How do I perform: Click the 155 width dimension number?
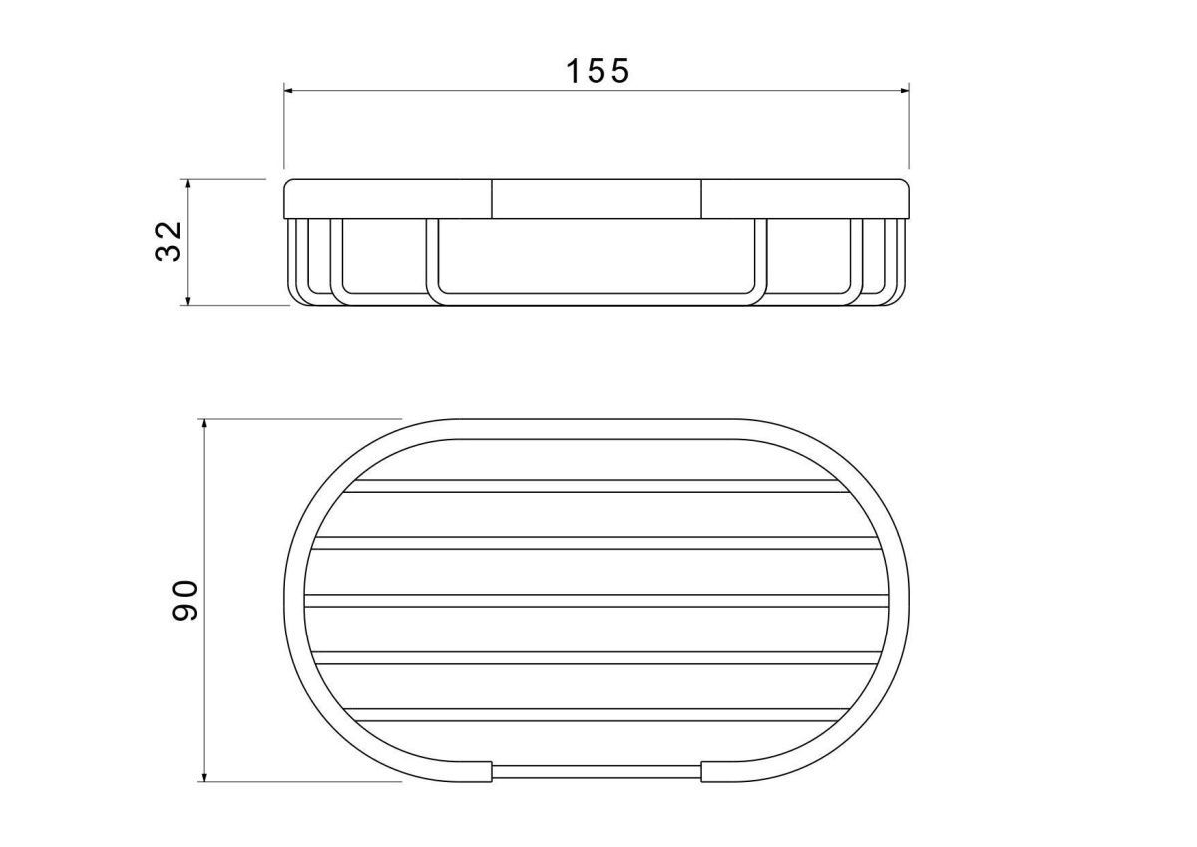[598, 71]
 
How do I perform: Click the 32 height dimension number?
[168, 241]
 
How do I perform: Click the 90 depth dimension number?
[185, 601]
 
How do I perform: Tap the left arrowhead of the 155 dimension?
[289, 91]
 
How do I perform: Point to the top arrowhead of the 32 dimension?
[188, 184]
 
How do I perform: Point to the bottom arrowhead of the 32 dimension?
[188, 300]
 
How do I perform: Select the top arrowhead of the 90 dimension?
[204, 425]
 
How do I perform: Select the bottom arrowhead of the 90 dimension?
[204, 776]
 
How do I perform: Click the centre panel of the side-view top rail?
[597, 199]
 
